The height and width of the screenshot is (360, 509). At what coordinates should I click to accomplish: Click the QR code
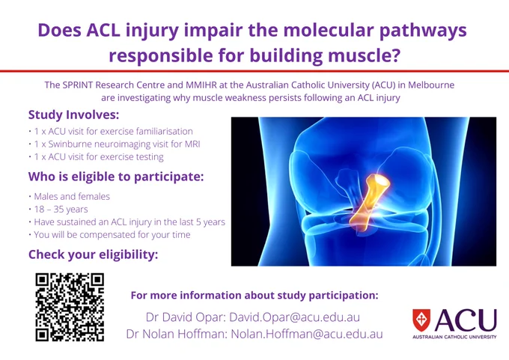tap(70, 307)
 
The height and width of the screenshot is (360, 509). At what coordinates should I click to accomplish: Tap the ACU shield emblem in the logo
tap(421, 320)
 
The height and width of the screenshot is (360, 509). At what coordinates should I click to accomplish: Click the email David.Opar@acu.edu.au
tap(294, 317)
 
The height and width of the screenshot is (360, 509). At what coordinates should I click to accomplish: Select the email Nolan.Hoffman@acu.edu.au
tap(307, 334)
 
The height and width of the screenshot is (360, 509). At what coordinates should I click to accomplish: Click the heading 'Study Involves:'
tap(73, 115)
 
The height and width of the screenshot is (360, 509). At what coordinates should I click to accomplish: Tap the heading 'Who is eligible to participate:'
tap(116, 177)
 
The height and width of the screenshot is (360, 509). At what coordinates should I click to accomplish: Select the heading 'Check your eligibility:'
tap(93, 254)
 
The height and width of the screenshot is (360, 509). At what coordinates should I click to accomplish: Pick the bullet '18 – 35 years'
tap(61, 210)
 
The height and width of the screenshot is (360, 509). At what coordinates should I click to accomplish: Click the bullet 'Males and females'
tap(72, 196)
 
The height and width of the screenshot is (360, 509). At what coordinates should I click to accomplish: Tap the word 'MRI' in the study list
tap(192, 144)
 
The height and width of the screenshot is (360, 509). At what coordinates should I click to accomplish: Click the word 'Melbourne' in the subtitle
tap(431, 85)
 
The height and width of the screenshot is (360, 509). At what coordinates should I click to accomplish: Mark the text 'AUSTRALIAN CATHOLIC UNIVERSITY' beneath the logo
tap(454, 337)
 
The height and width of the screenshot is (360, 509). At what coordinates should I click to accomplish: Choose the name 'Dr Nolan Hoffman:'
tap(177, 334)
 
